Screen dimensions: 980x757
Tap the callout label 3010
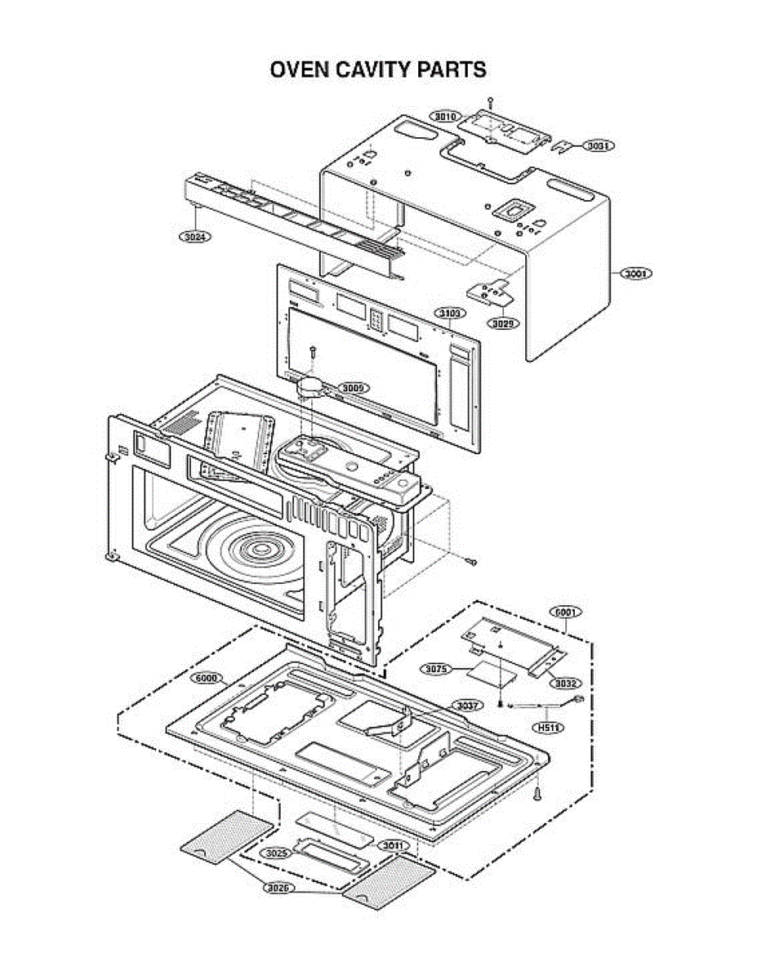445,117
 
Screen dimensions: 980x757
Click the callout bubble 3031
599,145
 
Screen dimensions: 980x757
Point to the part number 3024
194,236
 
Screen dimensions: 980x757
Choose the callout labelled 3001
635,274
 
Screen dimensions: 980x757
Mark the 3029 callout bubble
503,323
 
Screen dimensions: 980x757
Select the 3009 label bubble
353,388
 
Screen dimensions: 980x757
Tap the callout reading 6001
564,612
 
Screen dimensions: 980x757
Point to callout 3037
469,705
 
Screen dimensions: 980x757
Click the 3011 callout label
394,845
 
